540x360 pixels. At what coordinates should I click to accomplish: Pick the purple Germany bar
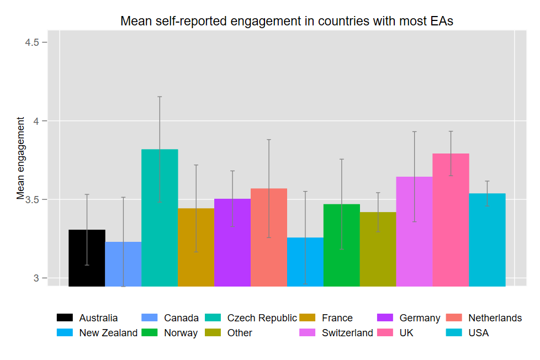pyautogui.click(x=232, y=242)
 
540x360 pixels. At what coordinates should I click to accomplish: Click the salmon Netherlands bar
pyautogui.click(x=269, y=237)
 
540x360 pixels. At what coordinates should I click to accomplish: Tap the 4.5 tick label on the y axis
pyautogui.click(x=36, y=43)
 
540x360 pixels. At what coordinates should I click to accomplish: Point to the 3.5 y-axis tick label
pyautogui.click(x=36, y=199)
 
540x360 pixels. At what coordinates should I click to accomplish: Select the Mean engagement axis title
pyautogui.click(x=21, y=158)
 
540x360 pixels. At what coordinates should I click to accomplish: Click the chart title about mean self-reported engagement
pyautogui.click(x=287, y=22)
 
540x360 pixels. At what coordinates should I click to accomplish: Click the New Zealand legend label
pyautogui.click(x=108, y=333)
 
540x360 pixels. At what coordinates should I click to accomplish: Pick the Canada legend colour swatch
pyautogui.click(x=150, y=318)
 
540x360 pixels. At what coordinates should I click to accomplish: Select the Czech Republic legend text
pyautogui.click(x=262, y=318)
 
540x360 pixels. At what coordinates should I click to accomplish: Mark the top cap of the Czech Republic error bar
pyautogui.click(x=160, y=97)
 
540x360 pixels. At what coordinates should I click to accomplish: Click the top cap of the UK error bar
pyautogui.click(x=451, y=131)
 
